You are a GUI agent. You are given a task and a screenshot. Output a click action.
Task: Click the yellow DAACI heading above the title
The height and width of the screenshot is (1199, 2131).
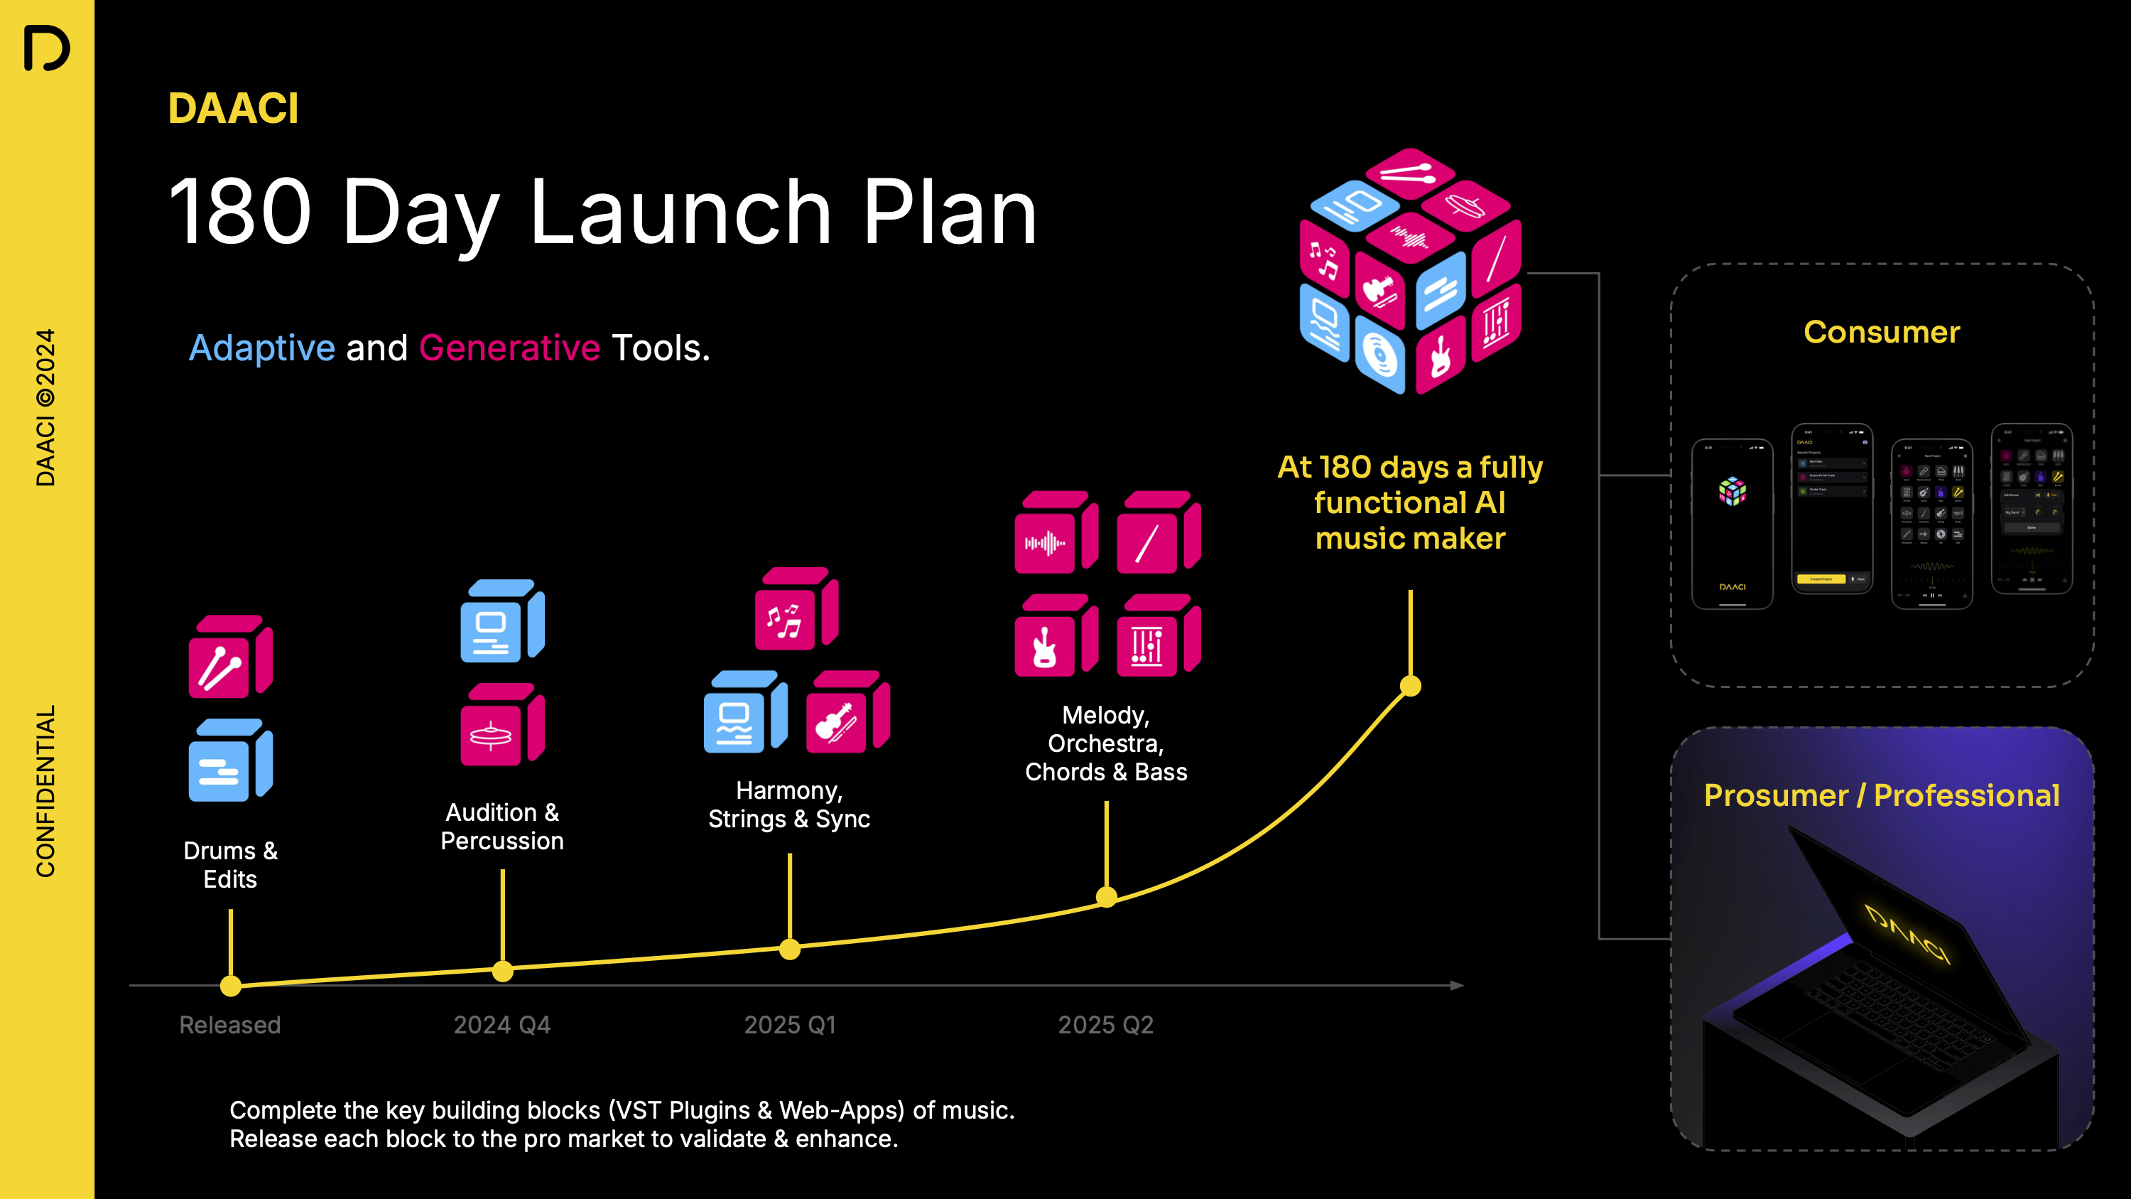point(232,109)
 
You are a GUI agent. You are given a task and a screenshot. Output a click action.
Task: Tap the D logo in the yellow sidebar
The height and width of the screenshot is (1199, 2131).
point(46,48)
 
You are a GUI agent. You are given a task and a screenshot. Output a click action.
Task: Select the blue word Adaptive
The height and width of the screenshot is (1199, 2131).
point(261,348)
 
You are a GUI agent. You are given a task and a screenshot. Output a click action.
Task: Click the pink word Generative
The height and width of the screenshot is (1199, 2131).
point(509,348)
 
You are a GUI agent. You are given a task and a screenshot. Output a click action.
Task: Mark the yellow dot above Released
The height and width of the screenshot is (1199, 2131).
point(231,986)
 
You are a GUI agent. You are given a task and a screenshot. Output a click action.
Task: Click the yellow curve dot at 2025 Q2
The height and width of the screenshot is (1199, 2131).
point(1106,896)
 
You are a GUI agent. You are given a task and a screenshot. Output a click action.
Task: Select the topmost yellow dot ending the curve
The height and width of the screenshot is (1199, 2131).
point(1411,686)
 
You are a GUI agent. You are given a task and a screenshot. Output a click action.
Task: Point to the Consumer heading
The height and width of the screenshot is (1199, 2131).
point(1881,332)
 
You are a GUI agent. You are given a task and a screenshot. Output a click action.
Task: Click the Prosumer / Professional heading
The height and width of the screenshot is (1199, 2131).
point(1881,795)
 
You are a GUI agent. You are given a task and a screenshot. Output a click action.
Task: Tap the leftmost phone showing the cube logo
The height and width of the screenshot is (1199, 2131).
point(1733,523)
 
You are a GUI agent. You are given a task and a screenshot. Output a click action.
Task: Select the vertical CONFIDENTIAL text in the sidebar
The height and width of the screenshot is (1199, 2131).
point(45,791)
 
